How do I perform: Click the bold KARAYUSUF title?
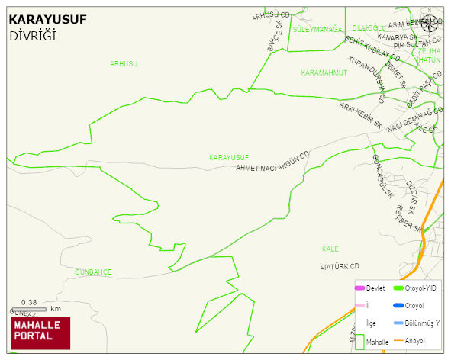48,20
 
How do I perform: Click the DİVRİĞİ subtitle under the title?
34,36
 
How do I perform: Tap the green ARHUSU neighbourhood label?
124,64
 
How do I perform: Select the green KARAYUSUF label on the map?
229,157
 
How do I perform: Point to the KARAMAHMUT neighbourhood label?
324,72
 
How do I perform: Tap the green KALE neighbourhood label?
330,249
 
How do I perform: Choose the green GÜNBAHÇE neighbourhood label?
93,272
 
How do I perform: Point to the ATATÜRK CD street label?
339,267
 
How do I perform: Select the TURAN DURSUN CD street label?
366,79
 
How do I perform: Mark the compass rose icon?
430,22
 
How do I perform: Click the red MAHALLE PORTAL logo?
40,333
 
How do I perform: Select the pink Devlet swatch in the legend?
359,288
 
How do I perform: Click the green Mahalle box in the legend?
359,342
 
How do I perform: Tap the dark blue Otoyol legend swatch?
398,305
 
